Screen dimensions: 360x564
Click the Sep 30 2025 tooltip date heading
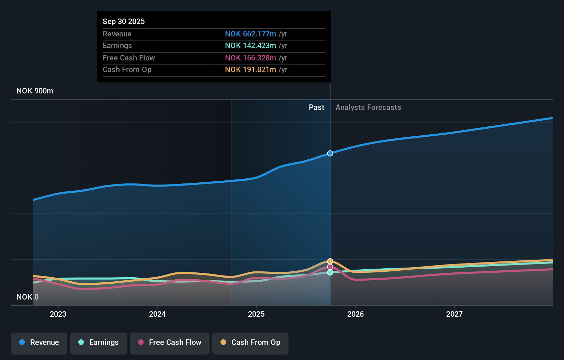click(x=124, y=21)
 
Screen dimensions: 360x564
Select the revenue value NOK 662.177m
click(x=250, y=34)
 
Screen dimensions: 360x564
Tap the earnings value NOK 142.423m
click(x=250, y=45)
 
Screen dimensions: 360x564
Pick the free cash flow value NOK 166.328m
click(x=250, y=58)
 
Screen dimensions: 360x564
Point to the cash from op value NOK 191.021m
click(x=250, y=69)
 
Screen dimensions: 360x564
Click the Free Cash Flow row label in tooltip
click(x=129, y=58)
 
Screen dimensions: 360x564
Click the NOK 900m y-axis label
click(x=35, y=91)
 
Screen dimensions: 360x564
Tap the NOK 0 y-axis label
click(x=27, y=297)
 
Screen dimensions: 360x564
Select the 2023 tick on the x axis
click(x=58, y=314)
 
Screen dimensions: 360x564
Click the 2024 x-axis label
click(x=157, y=314)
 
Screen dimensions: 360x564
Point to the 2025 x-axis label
click(x=256, y=314)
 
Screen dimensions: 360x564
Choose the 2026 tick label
click(x=356, y=314)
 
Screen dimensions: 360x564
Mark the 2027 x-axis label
click(x=454, y=314)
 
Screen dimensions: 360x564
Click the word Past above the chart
click(x=316, y=107)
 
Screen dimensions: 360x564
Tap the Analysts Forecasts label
click(x=368, y=107)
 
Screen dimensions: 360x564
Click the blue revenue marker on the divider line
click(x=330, y=153)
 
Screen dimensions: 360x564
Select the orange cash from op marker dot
click(x=330, y=261)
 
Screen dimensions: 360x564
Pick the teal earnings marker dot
click(x=330, y=272)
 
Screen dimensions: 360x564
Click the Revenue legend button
click(x=39, y=342)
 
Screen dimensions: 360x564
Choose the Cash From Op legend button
click(x=250, y=342)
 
